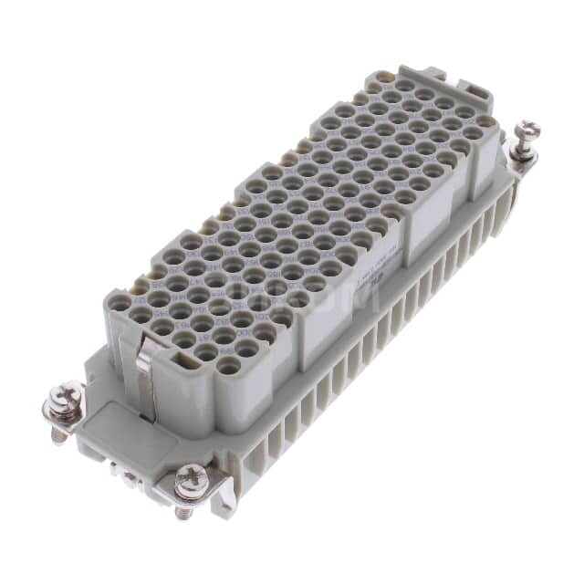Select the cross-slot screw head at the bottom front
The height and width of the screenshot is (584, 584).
[191, 475]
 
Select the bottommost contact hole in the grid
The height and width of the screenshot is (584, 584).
[229, 365]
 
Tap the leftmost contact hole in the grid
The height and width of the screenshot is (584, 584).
[119, 305]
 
